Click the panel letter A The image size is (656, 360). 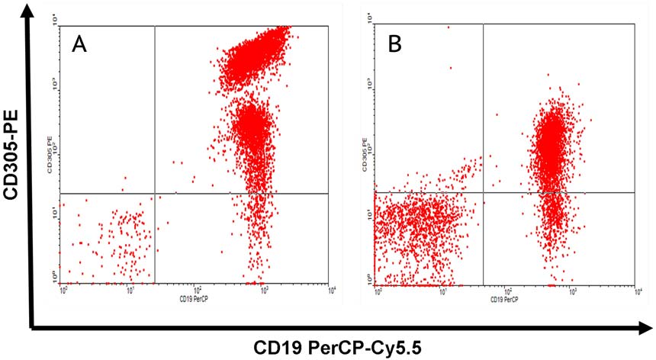pyautogui.click(x=79, y=47)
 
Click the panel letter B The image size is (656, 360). pyautogui.click(x=394, y=45)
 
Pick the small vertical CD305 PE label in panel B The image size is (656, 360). pyautogui.click(x=367, y=153)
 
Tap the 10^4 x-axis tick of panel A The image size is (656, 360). pyautogui.click(x=331, y=291)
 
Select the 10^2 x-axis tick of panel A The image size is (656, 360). pyautogui.click(x=198, y=291)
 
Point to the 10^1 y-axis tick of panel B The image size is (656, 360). pyautogui.click(x=368, y=217)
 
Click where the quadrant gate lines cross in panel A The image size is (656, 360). pyautogui.click(x=155, y=194)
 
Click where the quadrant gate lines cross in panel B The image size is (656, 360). pyautogui.click(x=484, y=192)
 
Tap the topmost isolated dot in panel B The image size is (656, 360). pyautogui.click(x=449, y=27)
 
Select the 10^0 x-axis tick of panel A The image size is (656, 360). pyautogui.click(x=64, y=291)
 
